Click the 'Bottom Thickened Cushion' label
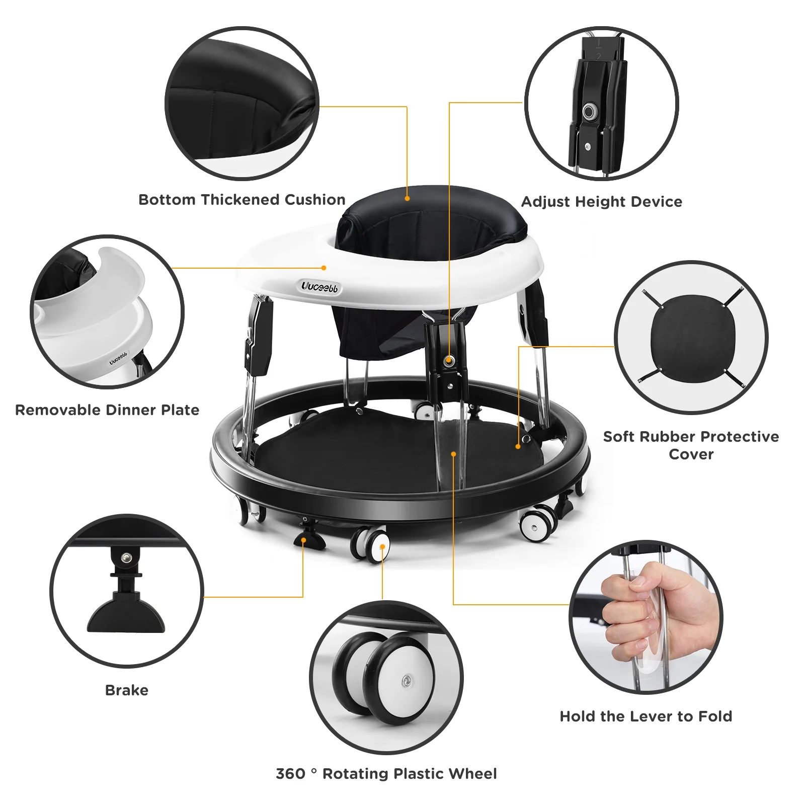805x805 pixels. pyautogui.click(x=242, y=200)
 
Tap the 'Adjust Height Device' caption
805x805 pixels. pyautogui.click(x=601, y=202)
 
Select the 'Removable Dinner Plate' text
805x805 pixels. pyautogui.click(x=107, y=410)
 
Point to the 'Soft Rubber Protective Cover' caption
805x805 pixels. pyautogui.click(x=691, y=445)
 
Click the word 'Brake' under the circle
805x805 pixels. pyautogui.click(x=127, y=690)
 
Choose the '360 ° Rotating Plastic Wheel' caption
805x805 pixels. pyautogui.click(x=386, y=773)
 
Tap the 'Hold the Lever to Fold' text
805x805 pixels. pyautogui.click(x=646, y=716)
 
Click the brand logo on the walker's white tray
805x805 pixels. pyautogui.click(x=320, y=287)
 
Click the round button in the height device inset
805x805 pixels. pyautogui.click(x=589, y=111)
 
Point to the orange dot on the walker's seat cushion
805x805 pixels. pyautogui.click(x=407, y=199)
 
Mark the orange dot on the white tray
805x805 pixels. pyautogui.click(x=324, y=268)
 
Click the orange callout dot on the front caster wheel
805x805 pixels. pyautogui.click(x=382, y=546)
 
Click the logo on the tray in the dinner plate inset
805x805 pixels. pyautogui.click(x=118, y=358)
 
